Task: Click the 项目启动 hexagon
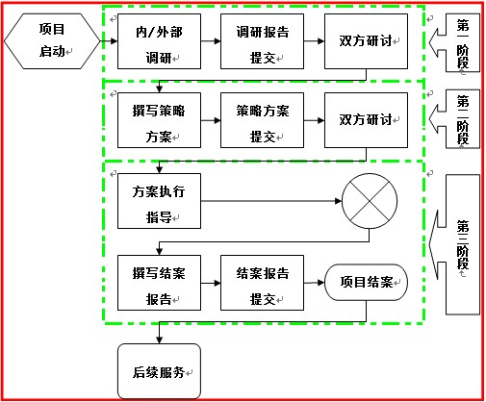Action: (x=52, y=41)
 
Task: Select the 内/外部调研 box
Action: (x=159, y=41)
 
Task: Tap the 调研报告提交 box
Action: (x=262, y=41)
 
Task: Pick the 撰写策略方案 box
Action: (x=159, y=120)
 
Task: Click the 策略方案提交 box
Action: (x=262, y=120)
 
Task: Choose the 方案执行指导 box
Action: (x=159, y=201)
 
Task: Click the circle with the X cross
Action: (x=370, y=201)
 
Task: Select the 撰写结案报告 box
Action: (x=159, y=283)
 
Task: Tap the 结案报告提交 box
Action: (x=262, y=283)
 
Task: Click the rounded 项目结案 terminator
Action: (x=366, y=282)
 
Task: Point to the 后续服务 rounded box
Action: (x=159, y=371)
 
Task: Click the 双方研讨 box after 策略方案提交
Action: (x=366, y=120)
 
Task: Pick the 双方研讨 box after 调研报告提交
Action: (x=366, y=41)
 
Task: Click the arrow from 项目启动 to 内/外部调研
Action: (x=109, y=41)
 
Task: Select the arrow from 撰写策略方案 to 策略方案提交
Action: (x=211, y=120)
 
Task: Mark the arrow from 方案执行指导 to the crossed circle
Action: (x=271, y=201)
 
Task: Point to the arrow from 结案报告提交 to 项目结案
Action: (x=314, y=283)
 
